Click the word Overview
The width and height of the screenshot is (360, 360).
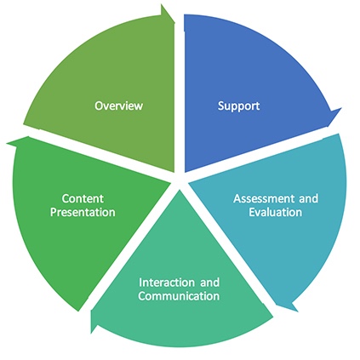tap(118, 106)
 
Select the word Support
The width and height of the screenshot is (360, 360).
tap(238, 106)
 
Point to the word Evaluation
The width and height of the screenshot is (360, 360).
tap(275, 212)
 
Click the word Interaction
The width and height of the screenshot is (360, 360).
tap(167, 283)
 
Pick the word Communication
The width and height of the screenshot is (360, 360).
tap(179, 296)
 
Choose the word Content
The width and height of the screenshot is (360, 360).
tap(83, 198)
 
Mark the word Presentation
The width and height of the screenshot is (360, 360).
tap(83, 212)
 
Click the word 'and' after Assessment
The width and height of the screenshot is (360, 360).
tap(308, 198)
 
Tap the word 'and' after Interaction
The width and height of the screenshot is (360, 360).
tap(210, 283)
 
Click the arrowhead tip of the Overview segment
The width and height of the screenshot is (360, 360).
tap(174, 20)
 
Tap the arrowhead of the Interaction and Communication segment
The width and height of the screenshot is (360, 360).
tap(91, 333)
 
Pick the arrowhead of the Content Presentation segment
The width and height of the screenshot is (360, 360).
tap(7, 143)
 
